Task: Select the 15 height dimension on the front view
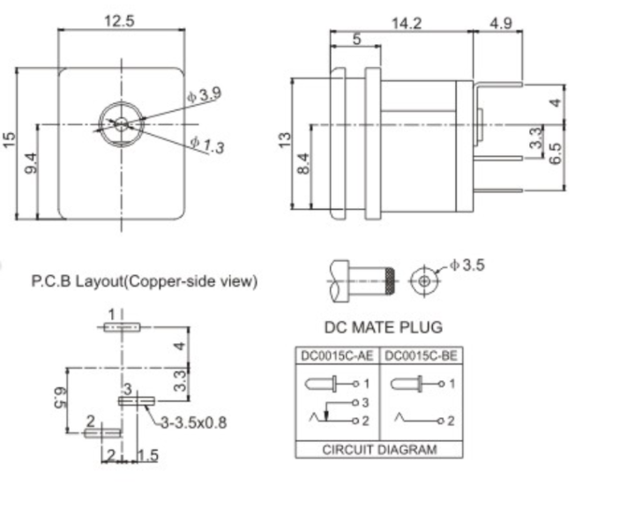click(x=9, y=140)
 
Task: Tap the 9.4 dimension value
click(x=30, y=164)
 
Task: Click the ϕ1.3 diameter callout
click(x=206, y=146)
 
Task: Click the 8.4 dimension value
click(x=303, y=164)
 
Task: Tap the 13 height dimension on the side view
click(x=284, y=140)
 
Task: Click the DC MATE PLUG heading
click(x=383, y=327)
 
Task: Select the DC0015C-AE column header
click(x=336, y=356)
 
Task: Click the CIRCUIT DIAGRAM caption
click(x=378, y=449)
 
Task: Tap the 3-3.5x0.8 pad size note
click(x=193, y=423)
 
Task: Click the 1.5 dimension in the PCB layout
click(x=148, y=455)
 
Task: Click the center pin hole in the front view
click(x=120, y=124)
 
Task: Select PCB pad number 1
click(x=121, y=326)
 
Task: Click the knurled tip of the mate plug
click(x=386, y=281)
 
